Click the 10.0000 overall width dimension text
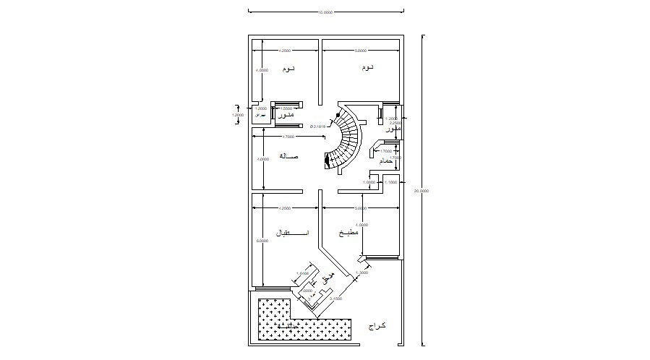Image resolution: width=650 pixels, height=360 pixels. click(325, 12)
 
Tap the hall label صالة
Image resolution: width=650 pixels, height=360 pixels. click(288, 156)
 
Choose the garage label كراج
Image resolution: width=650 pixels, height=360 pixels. click(377, 326)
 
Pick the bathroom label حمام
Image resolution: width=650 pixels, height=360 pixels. click(387, 161)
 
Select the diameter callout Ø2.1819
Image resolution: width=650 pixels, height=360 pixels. click(319, 126)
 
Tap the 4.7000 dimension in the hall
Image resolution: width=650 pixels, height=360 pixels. click(286, 137)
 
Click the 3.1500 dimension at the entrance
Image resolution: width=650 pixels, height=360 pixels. click(335, 298)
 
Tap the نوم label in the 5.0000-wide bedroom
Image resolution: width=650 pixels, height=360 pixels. click(367, 68)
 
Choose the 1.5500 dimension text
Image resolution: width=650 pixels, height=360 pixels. click(286, 108)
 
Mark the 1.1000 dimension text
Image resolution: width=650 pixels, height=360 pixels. click(391, 183)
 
